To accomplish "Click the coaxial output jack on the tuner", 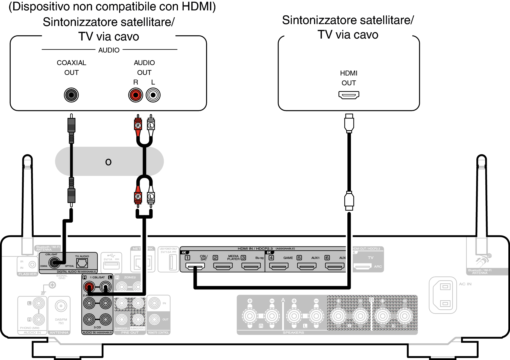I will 71,95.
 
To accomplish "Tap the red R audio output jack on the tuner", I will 136,95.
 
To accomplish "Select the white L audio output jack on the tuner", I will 153,95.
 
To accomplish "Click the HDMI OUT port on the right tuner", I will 349,95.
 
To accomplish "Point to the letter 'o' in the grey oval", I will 108,162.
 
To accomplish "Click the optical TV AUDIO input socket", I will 82,263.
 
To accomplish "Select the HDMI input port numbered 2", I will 223,266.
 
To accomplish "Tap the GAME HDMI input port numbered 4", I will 279,266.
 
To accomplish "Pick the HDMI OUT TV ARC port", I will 362,266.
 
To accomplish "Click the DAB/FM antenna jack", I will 61,306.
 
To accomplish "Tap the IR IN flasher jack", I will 32,265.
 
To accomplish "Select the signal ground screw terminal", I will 52,285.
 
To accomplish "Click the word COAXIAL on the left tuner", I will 71,63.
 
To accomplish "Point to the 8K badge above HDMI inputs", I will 269,252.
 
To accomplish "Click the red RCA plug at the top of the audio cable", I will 138,126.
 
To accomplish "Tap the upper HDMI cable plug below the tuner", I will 349,123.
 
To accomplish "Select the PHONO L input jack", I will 39,303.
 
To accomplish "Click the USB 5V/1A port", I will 111,265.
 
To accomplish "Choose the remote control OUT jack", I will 154,319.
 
